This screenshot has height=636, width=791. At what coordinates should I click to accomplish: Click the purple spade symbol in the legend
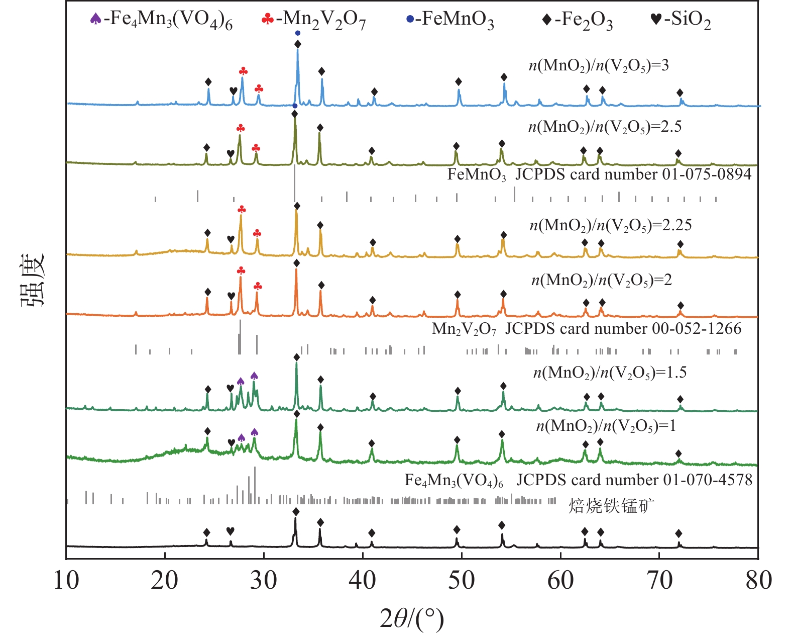[95, 19]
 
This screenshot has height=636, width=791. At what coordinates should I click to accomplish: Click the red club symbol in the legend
[268, 19]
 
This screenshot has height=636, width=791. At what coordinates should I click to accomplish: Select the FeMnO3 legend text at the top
[458, 20]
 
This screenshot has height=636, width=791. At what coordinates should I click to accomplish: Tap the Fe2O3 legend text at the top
[584, 20]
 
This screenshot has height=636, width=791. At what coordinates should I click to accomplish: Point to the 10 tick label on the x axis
[66, 580]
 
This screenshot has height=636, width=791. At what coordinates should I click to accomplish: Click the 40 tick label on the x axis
[363, 580]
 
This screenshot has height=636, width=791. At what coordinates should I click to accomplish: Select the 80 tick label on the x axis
[758, 580]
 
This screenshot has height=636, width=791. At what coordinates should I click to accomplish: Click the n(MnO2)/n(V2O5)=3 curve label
[599, 65]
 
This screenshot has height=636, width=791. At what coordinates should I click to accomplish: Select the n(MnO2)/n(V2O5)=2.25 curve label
[611, 225]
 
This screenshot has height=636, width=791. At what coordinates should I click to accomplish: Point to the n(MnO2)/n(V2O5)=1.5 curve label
[610, 373]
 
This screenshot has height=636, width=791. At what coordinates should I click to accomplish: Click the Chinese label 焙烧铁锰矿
[611, 505]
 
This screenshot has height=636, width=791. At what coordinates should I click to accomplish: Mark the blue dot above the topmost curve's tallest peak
[298, 33]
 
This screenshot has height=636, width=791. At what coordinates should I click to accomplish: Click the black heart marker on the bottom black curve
[230, 531]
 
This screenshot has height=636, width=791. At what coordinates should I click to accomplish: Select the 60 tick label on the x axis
[560, 580]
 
